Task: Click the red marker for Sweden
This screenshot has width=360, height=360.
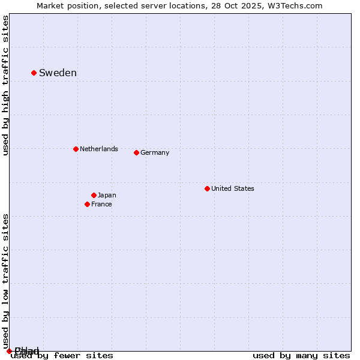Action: (34, 73)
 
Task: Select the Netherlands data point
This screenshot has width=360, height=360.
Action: (76, 149)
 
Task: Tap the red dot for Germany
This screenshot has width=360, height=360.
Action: (136, 152)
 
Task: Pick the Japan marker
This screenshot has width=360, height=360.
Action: (94, 195)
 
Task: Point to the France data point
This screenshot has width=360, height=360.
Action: (87, 204)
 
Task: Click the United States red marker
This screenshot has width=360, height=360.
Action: (207, 188)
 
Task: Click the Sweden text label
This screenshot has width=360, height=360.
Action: (58, 73)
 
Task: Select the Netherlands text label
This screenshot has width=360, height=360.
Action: (99, 149)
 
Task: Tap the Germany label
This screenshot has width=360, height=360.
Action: (155, 152)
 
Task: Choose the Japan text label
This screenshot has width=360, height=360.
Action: (107, 195)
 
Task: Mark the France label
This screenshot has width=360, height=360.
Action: (101, 204)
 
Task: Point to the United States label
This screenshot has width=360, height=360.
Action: (233, 188)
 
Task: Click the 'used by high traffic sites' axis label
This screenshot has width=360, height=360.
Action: (5, 86)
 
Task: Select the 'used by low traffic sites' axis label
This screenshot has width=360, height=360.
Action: (5, 281)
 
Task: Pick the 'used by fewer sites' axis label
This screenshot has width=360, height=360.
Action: (62, 355)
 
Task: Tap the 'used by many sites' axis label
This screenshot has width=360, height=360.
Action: (301, 355)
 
